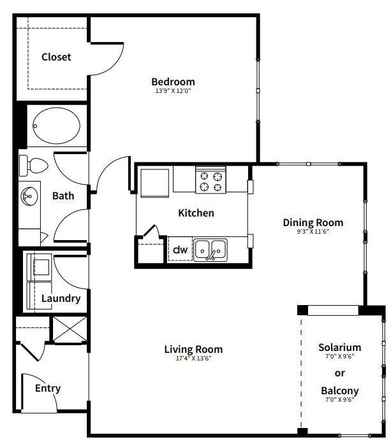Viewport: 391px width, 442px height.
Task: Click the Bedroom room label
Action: coord(173,82)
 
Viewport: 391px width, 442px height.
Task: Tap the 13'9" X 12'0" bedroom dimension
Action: coord(173,91)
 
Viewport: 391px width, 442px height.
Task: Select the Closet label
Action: coord(56,57)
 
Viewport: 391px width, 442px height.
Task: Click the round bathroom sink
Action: coord(29,196)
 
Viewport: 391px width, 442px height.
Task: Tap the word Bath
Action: coord(63,196)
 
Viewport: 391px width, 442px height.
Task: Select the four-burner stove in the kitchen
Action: coord(210,179)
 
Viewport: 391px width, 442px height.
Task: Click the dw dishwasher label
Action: coord(181,250)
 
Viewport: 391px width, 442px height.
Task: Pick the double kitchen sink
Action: coord(210,250)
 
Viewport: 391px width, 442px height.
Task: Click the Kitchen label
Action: coord(196,213)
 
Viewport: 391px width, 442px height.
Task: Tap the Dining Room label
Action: coord(313,222)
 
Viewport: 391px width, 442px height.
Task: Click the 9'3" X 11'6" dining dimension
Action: coord(313,232)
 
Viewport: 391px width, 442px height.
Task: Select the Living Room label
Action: coord(193,349)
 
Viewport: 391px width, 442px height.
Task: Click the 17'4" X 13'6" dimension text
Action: coord(193,359)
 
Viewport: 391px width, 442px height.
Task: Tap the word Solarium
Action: coord(340,347)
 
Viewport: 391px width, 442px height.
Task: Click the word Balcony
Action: coord(340,390)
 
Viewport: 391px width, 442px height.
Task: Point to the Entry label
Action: coord(48,388)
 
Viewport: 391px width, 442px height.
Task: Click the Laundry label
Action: coord(61,298)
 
